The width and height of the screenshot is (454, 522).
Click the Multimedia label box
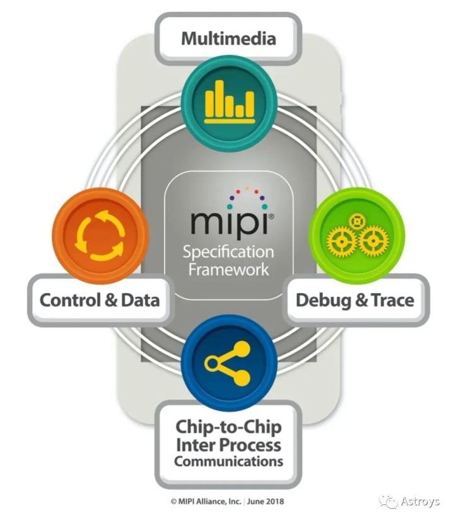tap(228, 38)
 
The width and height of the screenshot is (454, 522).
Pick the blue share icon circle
tap(228, 362)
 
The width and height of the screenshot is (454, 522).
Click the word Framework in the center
tap(228, 269)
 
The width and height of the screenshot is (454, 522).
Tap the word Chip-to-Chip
tap(228, 427)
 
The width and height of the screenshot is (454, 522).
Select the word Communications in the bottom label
tap(228, 461)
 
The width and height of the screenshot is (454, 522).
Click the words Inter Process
tap(228, 444)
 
